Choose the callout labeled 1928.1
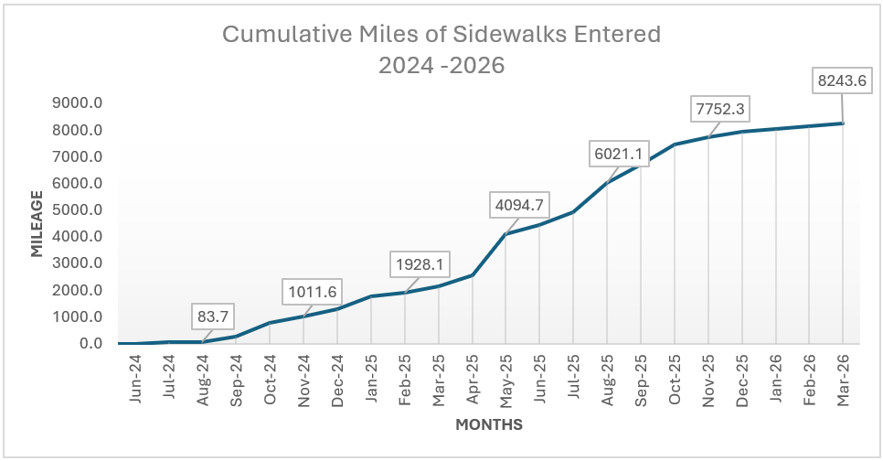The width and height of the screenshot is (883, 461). click(419, 264)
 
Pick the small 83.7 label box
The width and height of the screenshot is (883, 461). click(213, 317)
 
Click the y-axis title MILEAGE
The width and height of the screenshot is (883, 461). click(37, 223)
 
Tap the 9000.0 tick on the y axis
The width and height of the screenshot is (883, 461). click(76, 103)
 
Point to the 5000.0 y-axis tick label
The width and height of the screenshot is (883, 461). click(76, 210)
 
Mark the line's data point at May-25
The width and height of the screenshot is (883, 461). click(505, 234)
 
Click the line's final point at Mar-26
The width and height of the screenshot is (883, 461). click(842, 123)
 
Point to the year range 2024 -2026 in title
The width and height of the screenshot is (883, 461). click(441, 65)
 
